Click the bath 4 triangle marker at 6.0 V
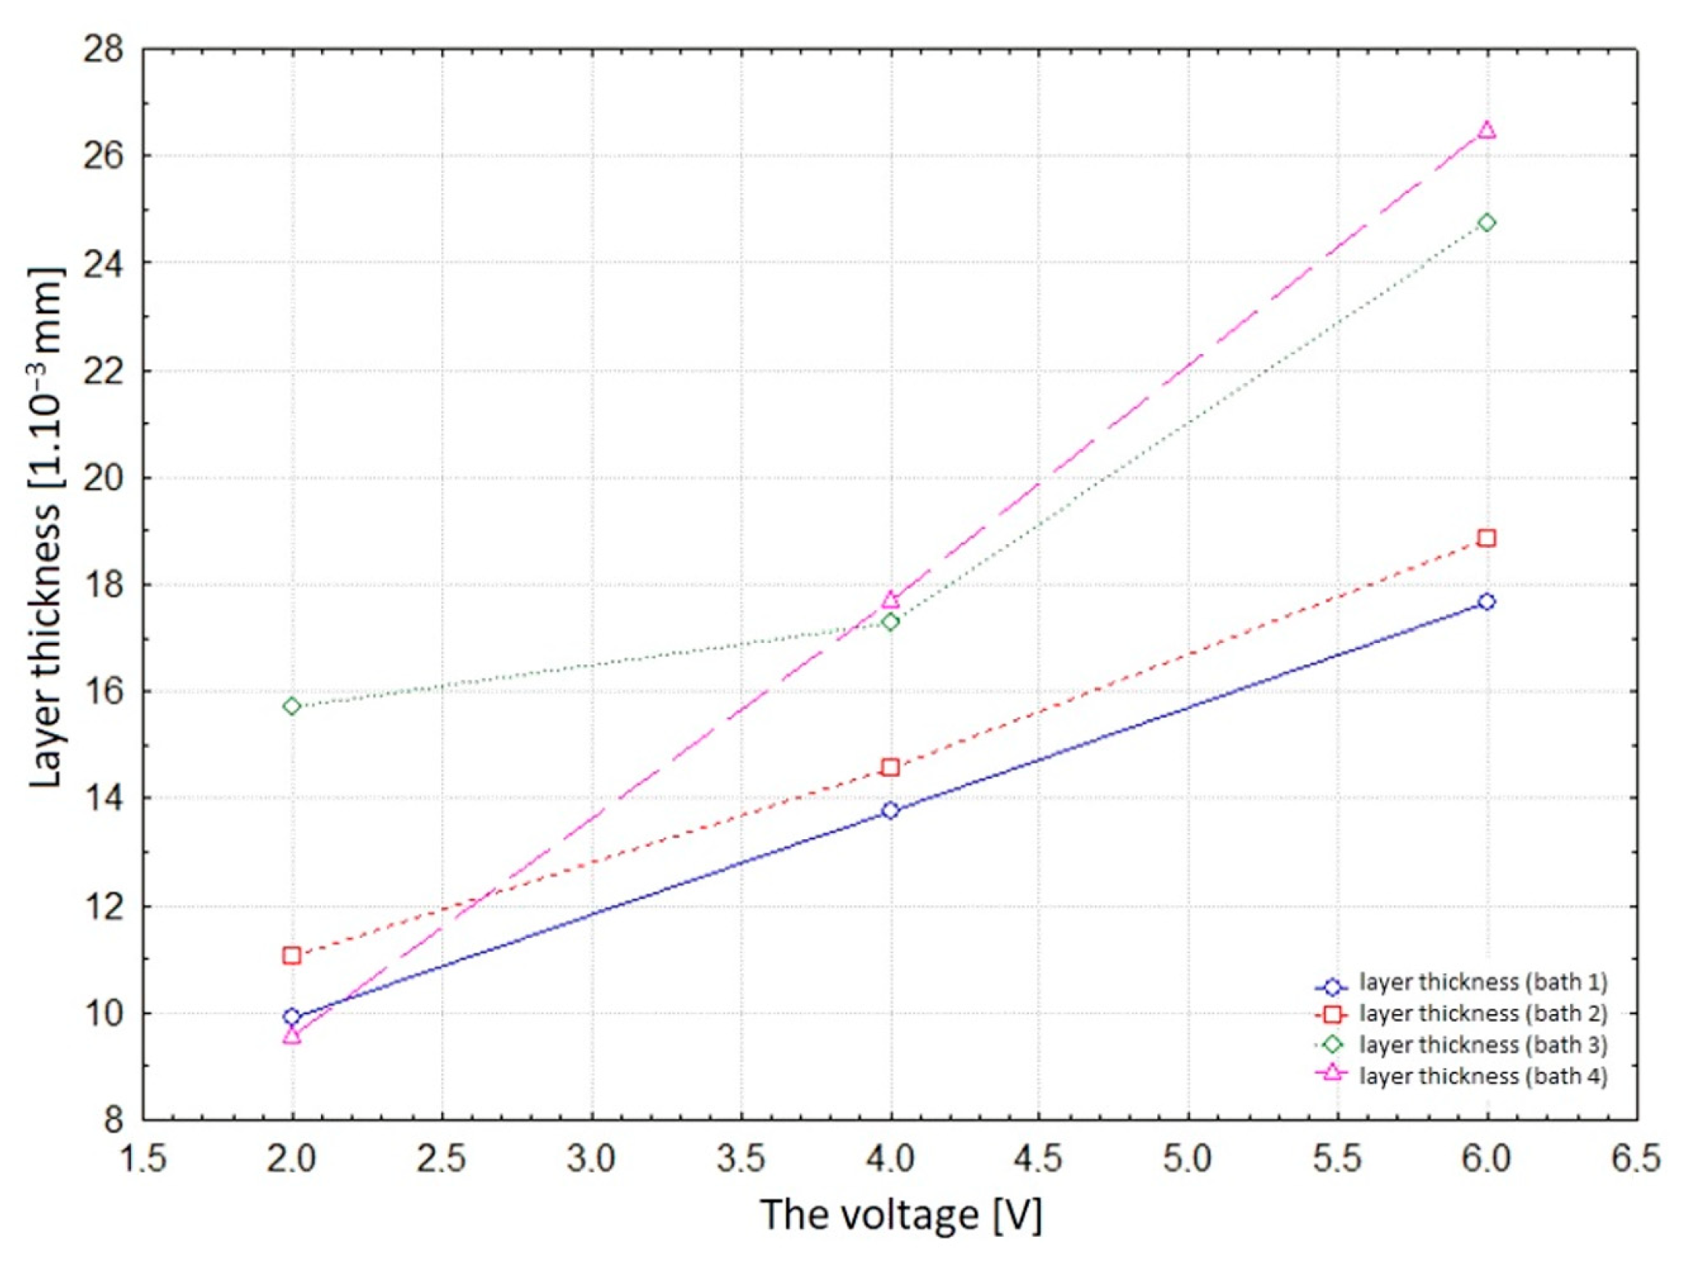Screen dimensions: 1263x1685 1487,130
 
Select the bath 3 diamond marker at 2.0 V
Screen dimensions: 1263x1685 291,706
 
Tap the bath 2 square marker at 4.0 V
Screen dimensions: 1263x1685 890,767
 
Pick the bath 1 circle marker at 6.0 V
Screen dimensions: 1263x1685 1487,602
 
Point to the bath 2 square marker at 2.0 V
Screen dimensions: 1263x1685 291,955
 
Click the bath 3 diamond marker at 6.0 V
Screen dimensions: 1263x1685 1487,223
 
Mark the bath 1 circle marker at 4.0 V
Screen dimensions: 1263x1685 890,811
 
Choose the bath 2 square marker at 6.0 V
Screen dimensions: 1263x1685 1487,538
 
